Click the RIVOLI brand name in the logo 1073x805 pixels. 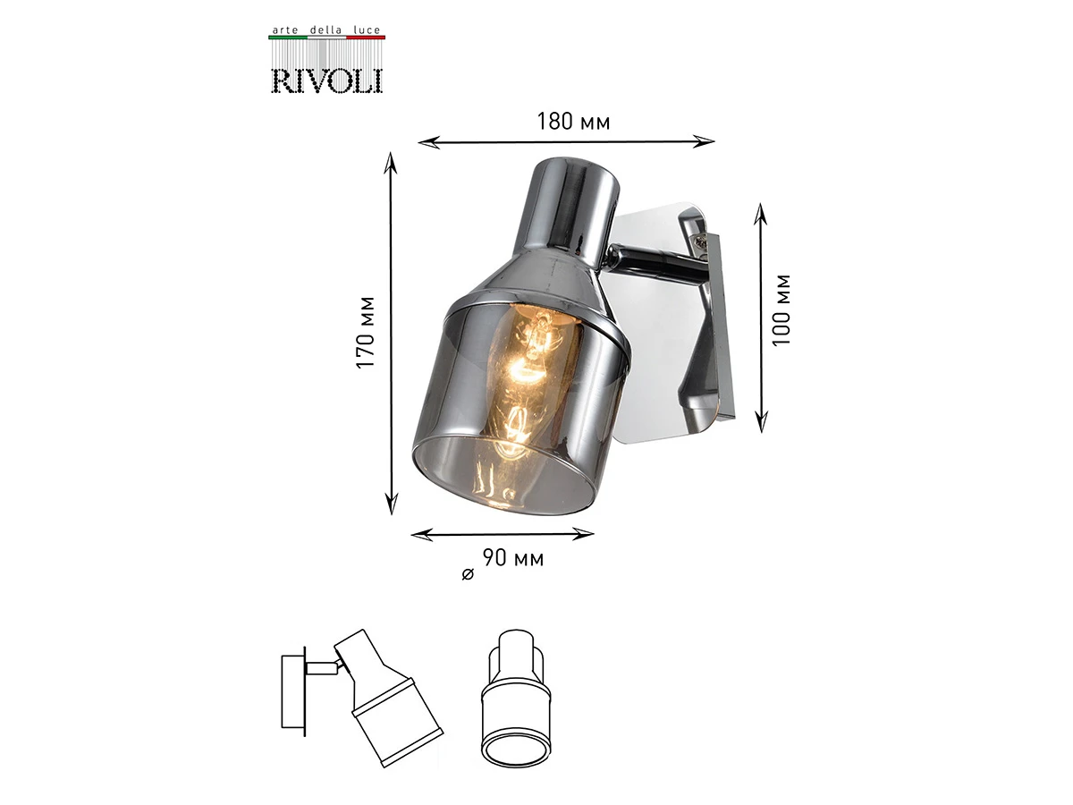click(x=326, y=81)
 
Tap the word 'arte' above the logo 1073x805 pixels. click(x=285, y=30)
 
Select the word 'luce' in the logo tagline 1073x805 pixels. click(x=367, y=30)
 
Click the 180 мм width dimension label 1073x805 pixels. click(x=573, y=122)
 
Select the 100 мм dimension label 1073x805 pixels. click(x=782, y=310)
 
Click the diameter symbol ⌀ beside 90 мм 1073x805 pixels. click(x=468, y=574)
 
